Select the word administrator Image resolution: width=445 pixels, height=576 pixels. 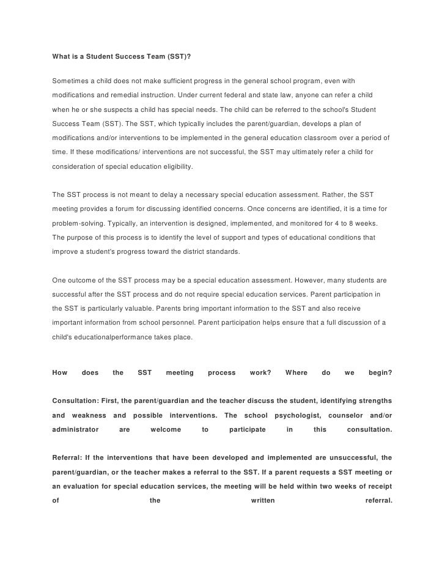click(x=76, y=429)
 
